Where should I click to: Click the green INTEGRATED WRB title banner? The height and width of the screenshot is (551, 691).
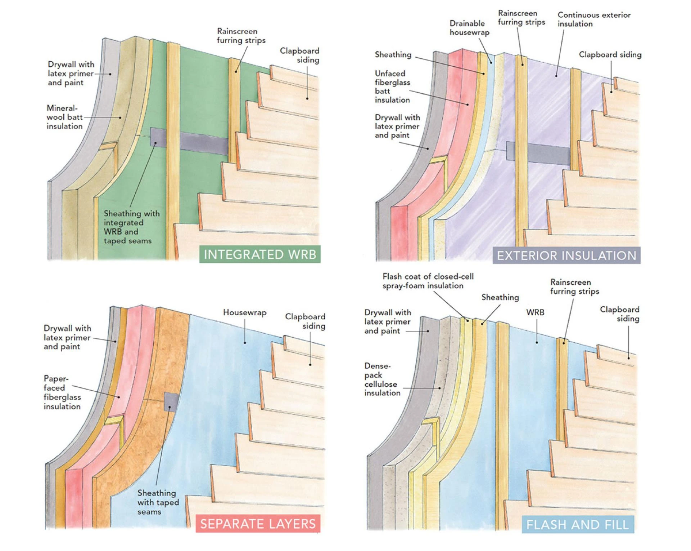(x=260, y=254)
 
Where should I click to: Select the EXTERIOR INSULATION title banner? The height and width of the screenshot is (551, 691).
(x=566, y=255)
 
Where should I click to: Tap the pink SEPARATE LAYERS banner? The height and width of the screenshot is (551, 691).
(x=258, y=524)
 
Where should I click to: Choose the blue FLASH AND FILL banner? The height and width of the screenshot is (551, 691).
(x=578, y=524)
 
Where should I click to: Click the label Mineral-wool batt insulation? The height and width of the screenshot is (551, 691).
(x=64, y=117)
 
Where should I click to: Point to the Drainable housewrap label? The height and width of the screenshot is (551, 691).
(x=469, y=28)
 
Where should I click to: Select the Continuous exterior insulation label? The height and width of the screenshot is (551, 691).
(x=594, y=19)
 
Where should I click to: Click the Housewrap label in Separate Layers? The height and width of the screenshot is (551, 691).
(x=245, y=312)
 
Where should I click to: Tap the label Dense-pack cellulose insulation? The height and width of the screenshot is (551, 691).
(x=382, y=379)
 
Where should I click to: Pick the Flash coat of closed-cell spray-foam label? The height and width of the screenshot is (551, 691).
(x=428, y=281)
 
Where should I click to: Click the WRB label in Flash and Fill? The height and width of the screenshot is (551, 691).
(x=535, y=312)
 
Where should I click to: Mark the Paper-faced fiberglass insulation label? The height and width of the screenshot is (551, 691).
(x=62, y=392)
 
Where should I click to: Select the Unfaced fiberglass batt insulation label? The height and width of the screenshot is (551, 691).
(x=392, y=86)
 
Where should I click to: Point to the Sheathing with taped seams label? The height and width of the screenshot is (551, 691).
(x=158, y=502)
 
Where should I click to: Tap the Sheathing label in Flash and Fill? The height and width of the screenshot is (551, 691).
(x=500, y=297)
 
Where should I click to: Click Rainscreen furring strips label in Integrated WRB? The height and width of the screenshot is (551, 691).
(x=241, y=36)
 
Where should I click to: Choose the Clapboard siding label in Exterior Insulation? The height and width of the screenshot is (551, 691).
(x=610, y=55)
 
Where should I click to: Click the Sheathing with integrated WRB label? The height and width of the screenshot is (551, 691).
(x=131, y=227)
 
